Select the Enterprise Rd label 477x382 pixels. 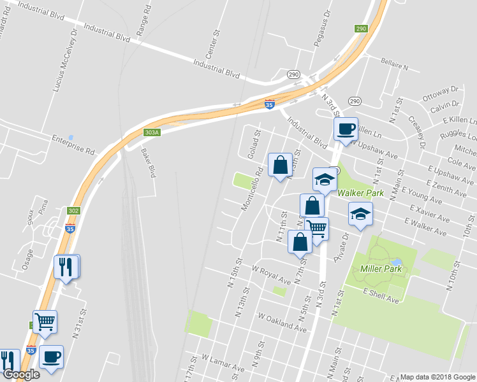[73, 141]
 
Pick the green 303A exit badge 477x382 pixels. [151, 132]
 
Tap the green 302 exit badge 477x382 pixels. [73, 210]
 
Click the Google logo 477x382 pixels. [21, 374]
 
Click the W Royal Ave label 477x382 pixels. [272, 274]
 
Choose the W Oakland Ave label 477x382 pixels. [283, 322]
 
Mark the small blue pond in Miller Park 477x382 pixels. [397, 262]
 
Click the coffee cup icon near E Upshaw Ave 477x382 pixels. [346, 129]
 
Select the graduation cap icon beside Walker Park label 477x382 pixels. [325, 180]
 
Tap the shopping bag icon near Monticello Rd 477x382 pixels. [280, 165]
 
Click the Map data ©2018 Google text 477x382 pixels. [437, 376]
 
